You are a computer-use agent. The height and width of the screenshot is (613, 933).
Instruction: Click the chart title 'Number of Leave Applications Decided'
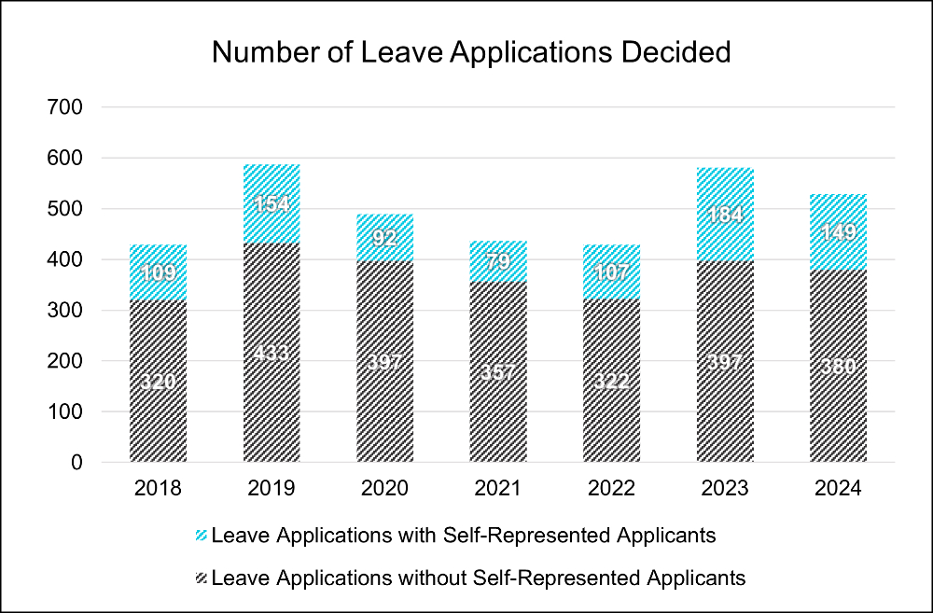(471, 52)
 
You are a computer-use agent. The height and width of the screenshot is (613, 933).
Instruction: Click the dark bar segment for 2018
(159, 411)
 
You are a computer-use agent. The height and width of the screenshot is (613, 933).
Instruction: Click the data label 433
(272, 355)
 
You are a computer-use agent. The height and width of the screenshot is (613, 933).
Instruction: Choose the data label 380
(839, 365)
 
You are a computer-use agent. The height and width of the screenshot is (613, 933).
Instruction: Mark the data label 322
(611, 382)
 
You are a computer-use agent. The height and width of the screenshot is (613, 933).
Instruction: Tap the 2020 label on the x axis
(384, 489)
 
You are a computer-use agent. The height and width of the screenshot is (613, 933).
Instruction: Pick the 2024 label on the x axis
(839, 489)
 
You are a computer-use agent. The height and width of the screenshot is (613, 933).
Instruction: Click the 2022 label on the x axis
(611, 489)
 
